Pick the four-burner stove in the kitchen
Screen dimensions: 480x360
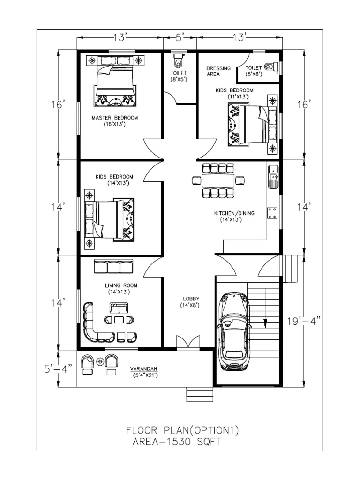[x=272, y=213]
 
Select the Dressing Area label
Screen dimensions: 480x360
[x=218, y=71]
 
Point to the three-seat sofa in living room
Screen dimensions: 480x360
[x=114, y=267]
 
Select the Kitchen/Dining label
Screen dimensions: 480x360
[x=234, y=216]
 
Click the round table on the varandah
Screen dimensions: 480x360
[x=100, y=361]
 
